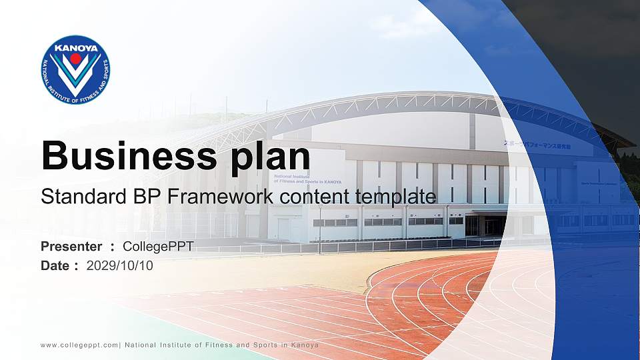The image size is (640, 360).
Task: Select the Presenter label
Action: point(71,247)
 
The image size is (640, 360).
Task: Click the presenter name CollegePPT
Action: point(158,247)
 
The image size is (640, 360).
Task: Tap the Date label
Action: point(55,265)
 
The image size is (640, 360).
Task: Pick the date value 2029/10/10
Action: point(120,265)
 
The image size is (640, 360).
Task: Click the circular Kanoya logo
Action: point(75,70)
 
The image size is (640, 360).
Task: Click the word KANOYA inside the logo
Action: point(75,48)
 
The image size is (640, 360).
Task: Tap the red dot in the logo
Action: point(75,59)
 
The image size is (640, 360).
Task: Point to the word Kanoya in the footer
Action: point(305,345)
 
